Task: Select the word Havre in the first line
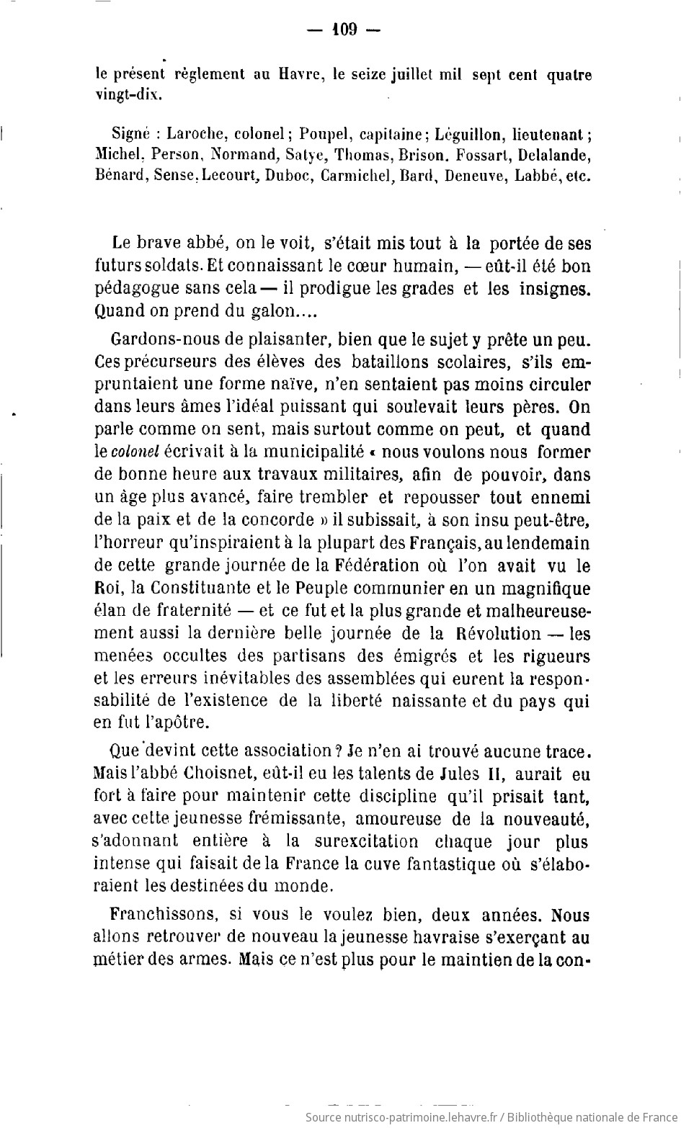click(x=285, y=74)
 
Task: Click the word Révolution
click(x=498, y=633)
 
